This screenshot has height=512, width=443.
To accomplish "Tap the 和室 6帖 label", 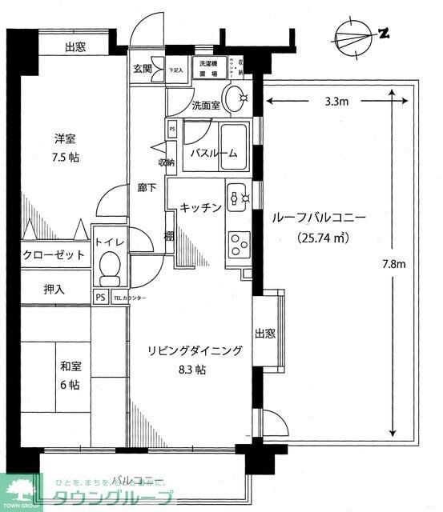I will pyautogui.click(x=70, y=375).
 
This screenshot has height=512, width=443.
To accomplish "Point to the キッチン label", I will pyautogui.click(x=199, y=207).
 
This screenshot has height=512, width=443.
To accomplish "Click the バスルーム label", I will pyautogui.click(x=213, y=154).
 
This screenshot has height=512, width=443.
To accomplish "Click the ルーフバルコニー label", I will pyautogui.click(x=319, y=217).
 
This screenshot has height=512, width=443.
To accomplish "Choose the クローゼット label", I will pyautogui.click(x=43, y=254).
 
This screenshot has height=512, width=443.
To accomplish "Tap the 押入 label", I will pyautogui.click(x=54, y=290).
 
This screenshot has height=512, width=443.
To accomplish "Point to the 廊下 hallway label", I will pyautogui.click(x=147, y=188).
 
